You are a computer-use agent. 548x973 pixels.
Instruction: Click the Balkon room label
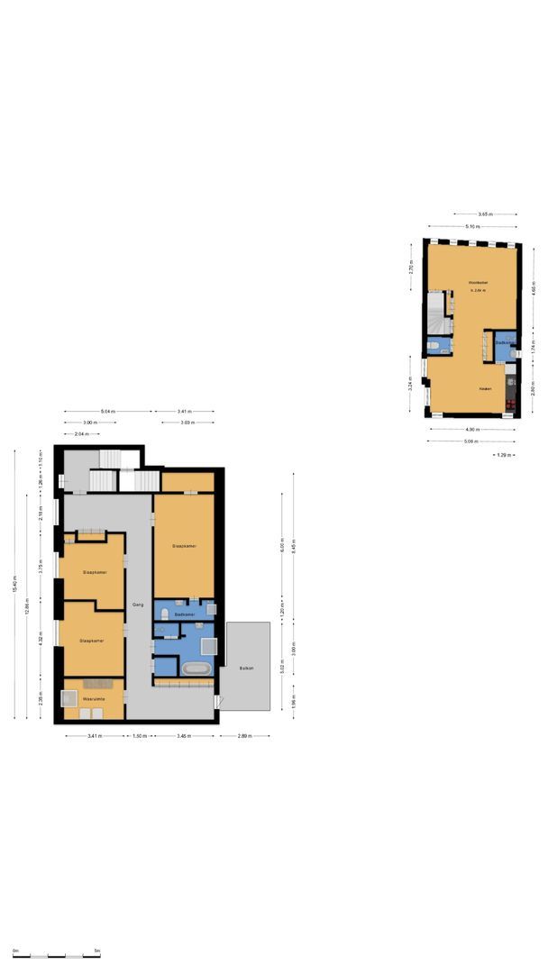tap(246, 668)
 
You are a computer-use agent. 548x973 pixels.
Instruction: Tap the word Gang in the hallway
tap(138, 604)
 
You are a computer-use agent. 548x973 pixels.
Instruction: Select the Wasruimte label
tap(94, 698)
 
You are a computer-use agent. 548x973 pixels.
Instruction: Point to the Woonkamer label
tap(477, 283)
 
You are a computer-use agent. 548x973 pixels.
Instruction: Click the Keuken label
tap(484, 388)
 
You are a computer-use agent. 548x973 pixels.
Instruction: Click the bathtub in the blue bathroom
tap(197, 668)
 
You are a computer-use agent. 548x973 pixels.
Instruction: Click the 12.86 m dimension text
tap(28, 610)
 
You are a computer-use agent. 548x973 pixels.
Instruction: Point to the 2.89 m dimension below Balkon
tap(245, 736)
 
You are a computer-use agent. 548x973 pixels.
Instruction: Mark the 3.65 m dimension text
tap(484, 214)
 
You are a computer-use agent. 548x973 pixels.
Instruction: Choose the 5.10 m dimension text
tap(470, 226)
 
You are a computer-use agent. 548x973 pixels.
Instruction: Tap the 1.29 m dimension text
tap(505, 455)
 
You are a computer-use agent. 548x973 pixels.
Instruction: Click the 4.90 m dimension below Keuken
tap(470, 430)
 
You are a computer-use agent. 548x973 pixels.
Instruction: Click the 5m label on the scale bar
tap(96, 951)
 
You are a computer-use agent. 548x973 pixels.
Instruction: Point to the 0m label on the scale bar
tap(15, 951)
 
